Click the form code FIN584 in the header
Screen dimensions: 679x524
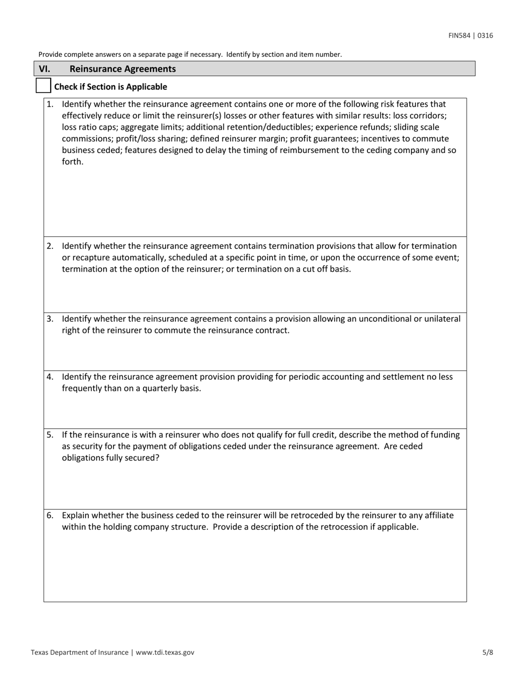(x=460, y=36)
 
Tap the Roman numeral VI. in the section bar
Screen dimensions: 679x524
(x=45, y=69)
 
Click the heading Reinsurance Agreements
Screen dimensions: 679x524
(x=123, y=69)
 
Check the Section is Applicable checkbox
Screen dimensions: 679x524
(x=43, y=86)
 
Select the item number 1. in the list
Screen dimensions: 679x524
(x=50, y=104)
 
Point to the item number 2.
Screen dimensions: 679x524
(x=50, y=246)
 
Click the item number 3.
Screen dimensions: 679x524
(x=50, y=319)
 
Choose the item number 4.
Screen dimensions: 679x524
(x=50, y=376)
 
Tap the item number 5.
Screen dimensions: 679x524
(x=50, y=434)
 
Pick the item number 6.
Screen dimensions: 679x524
(x=50, y=515)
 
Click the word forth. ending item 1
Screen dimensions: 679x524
(x=73, y=162)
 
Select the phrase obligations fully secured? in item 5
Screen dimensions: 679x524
(x=110, y=458)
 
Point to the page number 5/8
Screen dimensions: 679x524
(x=488, y=652)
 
